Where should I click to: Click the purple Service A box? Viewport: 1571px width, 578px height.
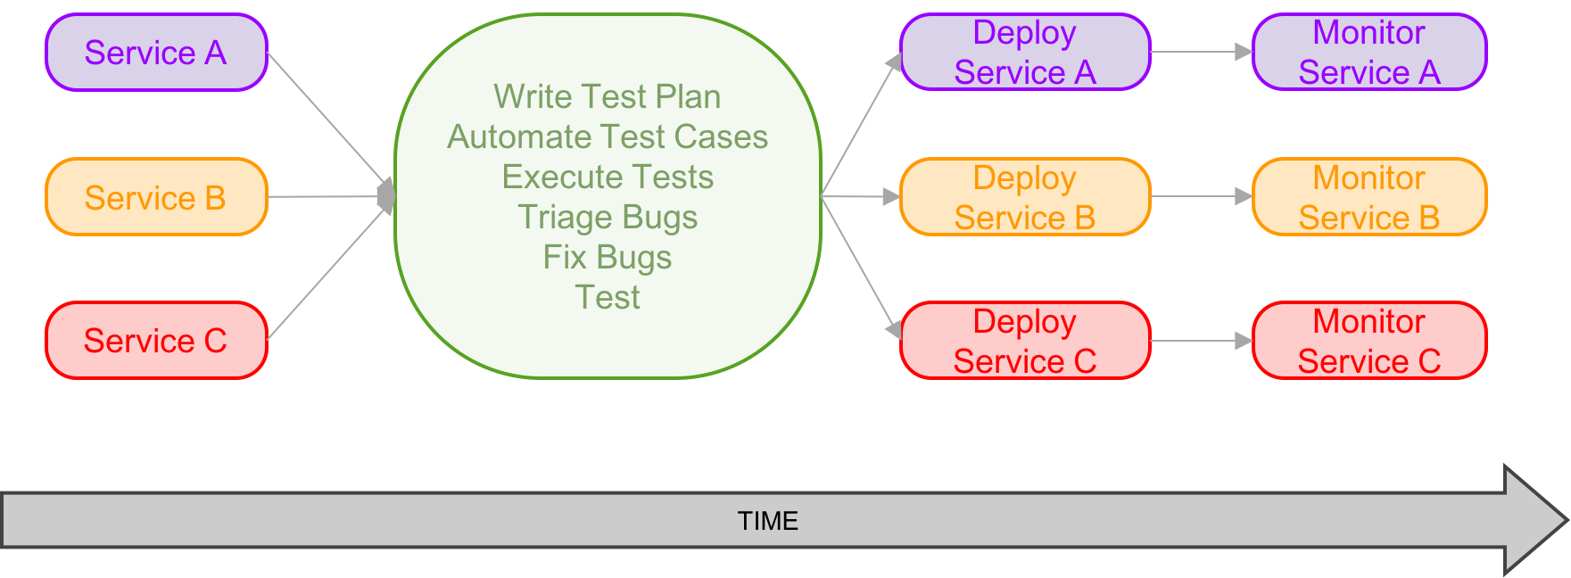[x=156, y=53]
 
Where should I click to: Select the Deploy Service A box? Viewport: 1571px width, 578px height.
[x=1025, y=53]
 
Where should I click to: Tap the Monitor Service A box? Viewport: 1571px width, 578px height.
[x=1369, y=53]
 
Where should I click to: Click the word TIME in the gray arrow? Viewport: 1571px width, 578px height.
[x=767, y=521]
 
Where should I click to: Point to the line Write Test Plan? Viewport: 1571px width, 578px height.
[x=607, y=96]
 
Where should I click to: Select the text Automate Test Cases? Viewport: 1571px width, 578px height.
[x=607, y=136]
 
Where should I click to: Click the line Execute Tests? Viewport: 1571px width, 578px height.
[x=607, y=177]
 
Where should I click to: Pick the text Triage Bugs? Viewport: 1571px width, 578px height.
[x=607, y=217]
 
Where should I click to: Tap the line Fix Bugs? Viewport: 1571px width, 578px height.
[x=607, y=257]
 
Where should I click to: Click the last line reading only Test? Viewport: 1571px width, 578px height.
[x=607, y=297]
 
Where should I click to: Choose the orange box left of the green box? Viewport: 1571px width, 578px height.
[x=156, y=196]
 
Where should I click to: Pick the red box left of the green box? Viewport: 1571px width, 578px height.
[x=156, y=340]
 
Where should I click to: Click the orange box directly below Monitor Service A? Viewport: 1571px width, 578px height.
[x=1369, y=196]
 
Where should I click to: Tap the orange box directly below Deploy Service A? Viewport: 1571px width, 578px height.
[x=1025, y=196]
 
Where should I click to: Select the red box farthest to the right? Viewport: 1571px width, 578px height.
[x=1369, y=340]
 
